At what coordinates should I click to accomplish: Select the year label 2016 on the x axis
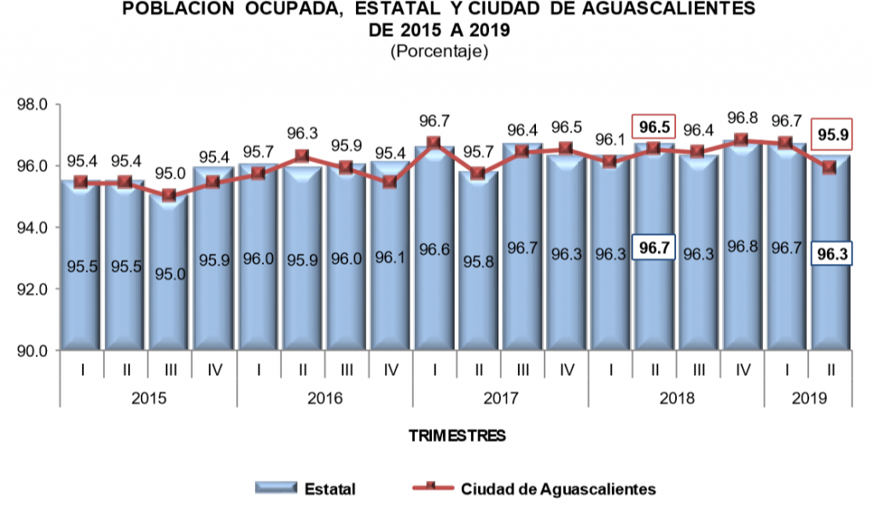[324, 399]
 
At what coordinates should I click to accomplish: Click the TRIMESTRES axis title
[457, 436]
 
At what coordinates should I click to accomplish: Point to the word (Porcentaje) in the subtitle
[439, 51]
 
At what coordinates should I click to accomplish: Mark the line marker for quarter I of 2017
[434, 143]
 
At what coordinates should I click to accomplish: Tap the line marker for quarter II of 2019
[830, 167]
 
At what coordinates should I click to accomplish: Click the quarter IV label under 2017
[566, 370]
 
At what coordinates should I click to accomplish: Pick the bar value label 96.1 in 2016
[389, 254]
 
